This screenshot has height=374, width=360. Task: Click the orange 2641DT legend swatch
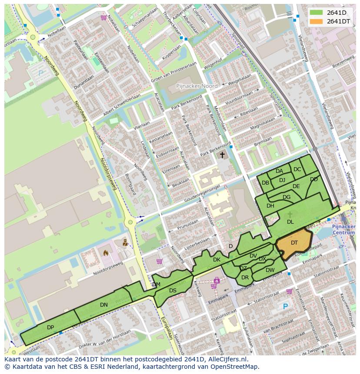(x=317, y=21)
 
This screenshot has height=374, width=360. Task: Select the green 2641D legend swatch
(x=317, y=13)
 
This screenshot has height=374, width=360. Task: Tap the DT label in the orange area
(x=294, y=243)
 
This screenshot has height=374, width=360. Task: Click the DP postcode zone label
(x=50, y=327)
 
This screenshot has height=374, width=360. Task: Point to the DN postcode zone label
(x=103, y=305)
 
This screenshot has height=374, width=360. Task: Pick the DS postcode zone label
(x=173, y=291)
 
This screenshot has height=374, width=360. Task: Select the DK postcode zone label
(x=217, y=260)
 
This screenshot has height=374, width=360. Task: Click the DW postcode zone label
(x=270, y=270)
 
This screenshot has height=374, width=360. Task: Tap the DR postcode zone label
(x=245, y=278)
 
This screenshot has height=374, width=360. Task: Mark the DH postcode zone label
(x=270, y=206)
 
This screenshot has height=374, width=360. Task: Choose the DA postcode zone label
(x=279, y=171)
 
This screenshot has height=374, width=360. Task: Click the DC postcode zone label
(x=297, y=169)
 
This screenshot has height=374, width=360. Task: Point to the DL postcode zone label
(x=290, y=222)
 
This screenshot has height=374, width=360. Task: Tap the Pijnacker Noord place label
(x=197, y=86)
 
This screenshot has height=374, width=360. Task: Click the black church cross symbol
(x=222, y=155)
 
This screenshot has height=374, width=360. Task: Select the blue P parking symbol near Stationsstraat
(x=285, y=307)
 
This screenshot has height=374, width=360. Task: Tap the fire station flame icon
(x=105, y=252)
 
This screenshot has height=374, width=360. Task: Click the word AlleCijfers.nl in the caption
(x=227, y=359)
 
